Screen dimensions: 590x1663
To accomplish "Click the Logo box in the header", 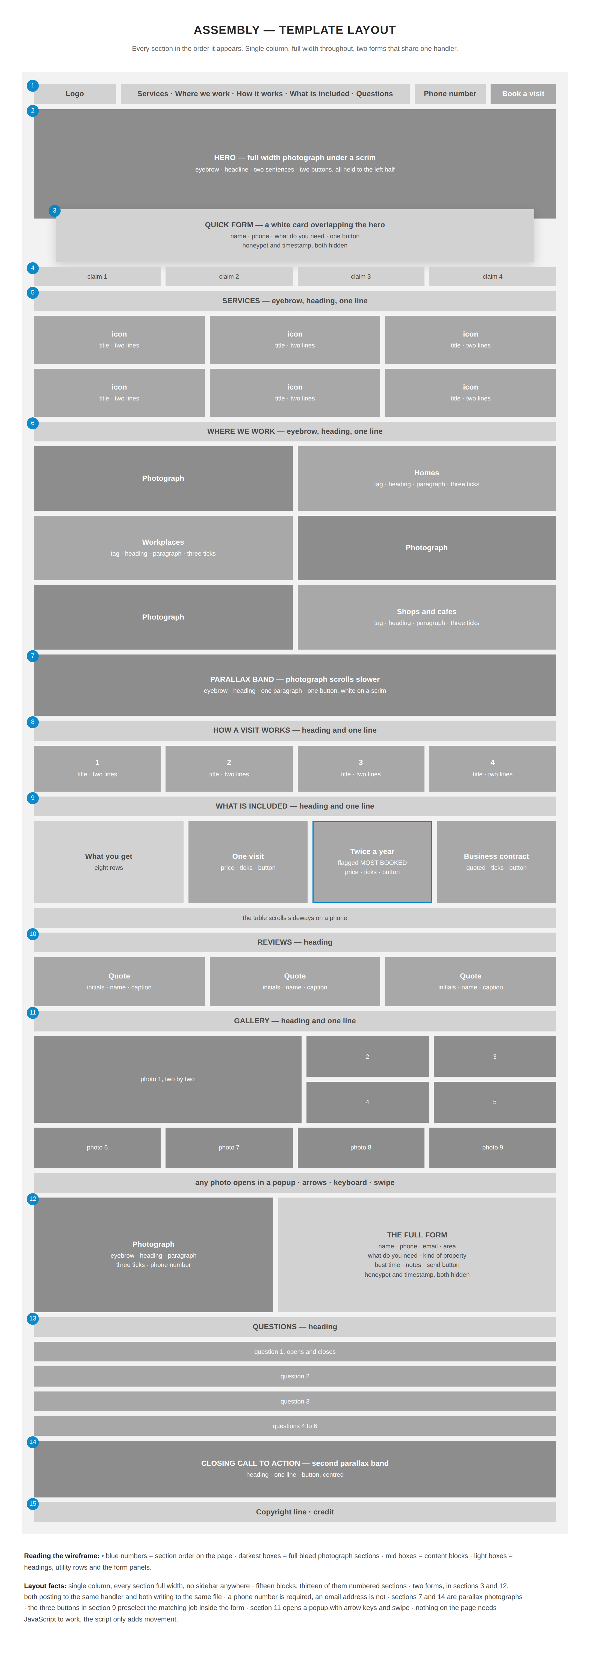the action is (75, 94).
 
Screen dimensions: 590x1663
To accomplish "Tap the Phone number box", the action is (450, 94).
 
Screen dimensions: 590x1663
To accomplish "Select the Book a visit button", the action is (523, 94).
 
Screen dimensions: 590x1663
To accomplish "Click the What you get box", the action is (108, 862).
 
